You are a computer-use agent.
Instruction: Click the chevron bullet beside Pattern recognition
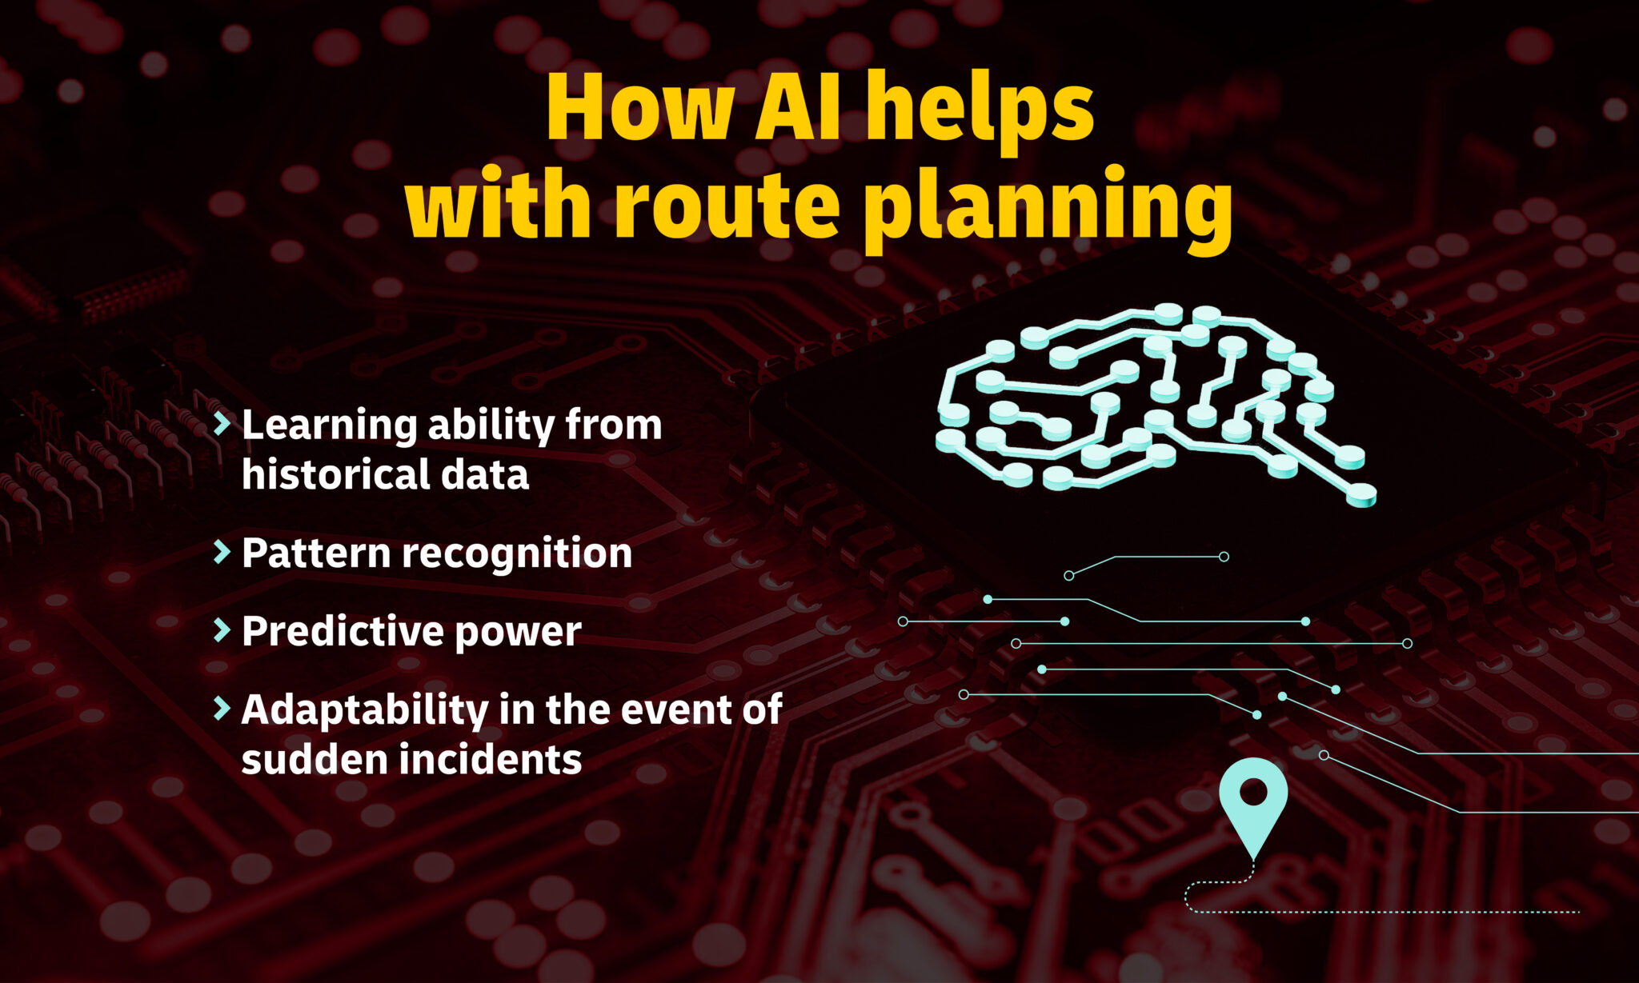(x=222, y=552)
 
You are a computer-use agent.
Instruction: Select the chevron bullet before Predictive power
(x=222, y=630)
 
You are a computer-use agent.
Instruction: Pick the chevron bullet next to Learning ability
(x=222, y=423)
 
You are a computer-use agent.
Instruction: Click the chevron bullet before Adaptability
(x=222, y=708)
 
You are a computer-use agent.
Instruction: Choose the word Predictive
(x=343, y=631)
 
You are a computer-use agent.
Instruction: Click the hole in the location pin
(x=1253, y=792)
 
